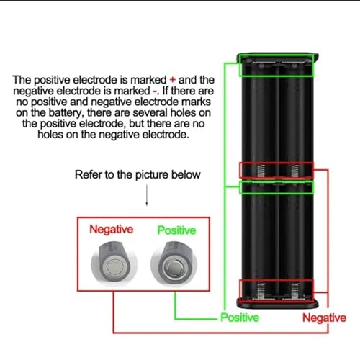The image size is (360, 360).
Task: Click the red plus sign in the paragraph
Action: click(x=173, y=80)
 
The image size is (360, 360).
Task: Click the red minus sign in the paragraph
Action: click(x=155, y=91)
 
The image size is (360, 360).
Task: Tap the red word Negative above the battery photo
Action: click(x=111, y=229)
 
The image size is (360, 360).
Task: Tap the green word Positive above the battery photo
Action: click(x=176, y=230)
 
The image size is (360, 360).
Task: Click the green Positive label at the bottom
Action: click(x=240, y=318)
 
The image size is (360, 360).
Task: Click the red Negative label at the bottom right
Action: click(x=324, y=318)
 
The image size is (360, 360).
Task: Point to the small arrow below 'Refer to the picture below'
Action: click(x=147, y=195)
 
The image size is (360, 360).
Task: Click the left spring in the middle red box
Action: click(x=261, y=171)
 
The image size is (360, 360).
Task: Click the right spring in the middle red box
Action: click(x=294, y=171)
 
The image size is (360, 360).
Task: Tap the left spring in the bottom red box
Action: click(x=261, y=291)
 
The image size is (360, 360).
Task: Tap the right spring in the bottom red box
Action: click(x=294, y=291)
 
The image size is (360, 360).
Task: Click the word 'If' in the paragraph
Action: click(x=166, y=91)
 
